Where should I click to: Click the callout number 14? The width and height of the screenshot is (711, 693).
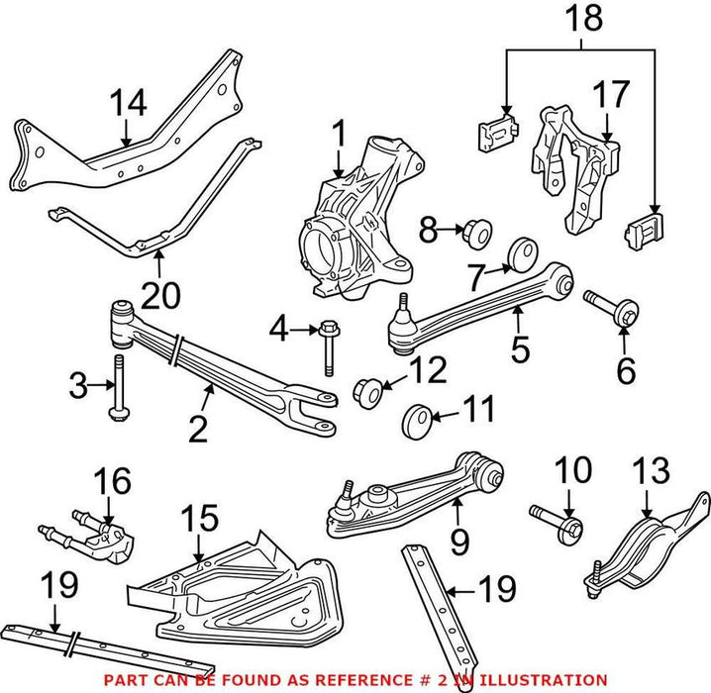tap(128, 102)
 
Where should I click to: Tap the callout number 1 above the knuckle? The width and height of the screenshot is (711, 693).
tap(340, 131)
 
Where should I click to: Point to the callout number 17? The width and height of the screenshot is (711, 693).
tap(611, 97)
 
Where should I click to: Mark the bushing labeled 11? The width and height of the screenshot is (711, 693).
tap(417, 420)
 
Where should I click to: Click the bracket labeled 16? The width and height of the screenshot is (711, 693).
tap(97, 525)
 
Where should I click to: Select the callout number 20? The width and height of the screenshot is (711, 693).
tap(157, 293)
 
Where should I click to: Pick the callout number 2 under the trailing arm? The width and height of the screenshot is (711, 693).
tap(198, 429)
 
